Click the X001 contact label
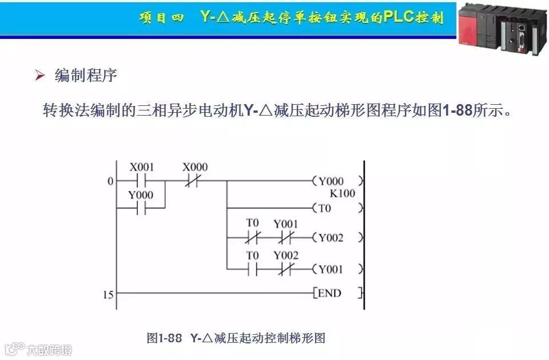(x=141, y=167)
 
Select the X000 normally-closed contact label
(x=195, y=167)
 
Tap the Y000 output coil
(x=338, y=181)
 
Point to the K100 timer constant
(x=342, y=193)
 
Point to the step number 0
(x=110, y=181)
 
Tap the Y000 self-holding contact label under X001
(x=141, y=195)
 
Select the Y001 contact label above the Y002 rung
(x=285, y=224)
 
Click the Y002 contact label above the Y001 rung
(x=285, y=255)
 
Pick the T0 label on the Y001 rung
(x=252, y=255)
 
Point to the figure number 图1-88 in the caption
(x=164, y=338)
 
